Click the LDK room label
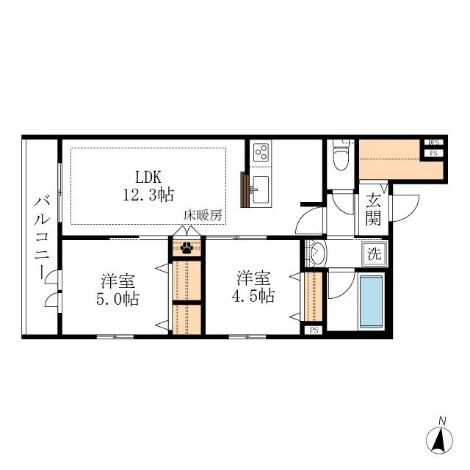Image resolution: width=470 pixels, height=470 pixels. [148, 177]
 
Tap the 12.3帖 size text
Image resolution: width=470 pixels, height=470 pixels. [148, 195]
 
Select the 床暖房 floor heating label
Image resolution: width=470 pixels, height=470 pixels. [203, 215]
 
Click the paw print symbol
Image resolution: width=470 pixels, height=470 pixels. [187, 248]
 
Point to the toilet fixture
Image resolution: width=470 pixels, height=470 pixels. [341, 155]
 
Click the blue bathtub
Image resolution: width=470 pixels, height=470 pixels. [372, 302]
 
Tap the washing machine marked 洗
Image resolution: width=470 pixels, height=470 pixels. [375, 254]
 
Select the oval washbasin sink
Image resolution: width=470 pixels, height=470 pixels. [318, 254]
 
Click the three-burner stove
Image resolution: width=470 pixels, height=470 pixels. [261, 152]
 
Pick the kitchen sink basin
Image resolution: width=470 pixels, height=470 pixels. [261, 189]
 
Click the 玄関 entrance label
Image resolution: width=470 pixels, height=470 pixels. [373, 209]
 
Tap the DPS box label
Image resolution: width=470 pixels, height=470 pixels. [434, 142]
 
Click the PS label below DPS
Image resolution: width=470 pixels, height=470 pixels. [434, 153]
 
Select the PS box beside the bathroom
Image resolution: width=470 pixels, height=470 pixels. [314, 330]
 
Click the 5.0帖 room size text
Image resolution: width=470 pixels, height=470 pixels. [117, 299]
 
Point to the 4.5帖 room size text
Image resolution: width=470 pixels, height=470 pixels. [253, 296]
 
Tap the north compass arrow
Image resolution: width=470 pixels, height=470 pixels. [439, 441]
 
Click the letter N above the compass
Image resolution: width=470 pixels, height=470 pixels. [442, 421]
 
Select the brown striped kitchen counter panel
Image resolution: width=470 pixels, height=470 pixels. [245, 189]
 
